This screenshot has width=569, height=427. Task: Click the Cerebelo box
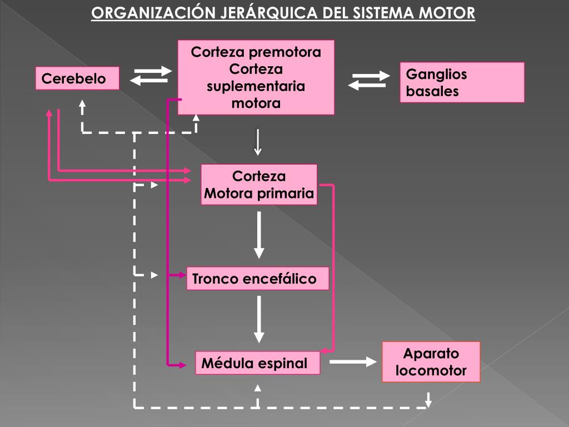[77, 78]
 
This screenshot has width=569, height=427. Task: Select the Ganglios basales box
[462, 82]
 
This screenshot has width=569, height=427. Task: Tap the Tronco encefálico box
[257, 279]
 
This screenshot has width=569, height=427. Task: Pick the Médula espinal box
[257, 363]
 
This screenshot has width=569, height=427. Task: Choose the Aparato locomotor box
[431, 362]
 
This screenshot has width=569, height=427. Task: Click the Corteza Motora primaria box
[259, 185]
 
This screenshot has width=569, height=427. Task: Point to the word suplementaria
[256, 86]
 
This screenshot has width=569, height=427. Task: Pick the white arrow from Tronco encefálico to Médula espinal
[259, 319]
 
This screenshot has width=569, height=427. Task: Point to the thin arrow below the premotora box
[258, 142]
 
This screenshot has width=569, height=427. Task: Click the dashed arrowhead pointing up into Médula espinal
[257, 387]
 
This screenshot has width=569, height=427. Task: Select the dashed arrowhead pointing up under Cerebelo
[82, 104]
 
